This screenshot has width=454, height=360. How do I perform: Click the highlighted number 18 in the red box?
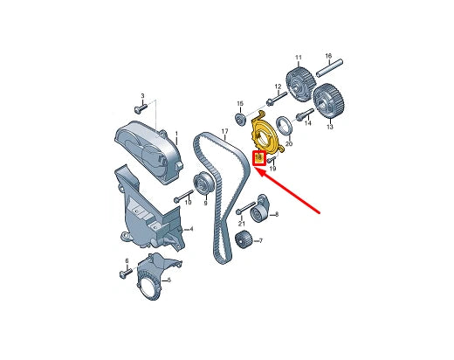tap(258, 158)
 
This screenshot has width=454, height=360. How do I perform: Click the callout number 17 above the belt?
tap(224, 134)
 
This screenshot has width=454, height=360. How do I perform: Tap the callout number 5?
tap(169, 281)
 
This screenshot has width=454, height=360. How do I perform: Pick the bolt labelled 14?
tap(301, 115)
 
